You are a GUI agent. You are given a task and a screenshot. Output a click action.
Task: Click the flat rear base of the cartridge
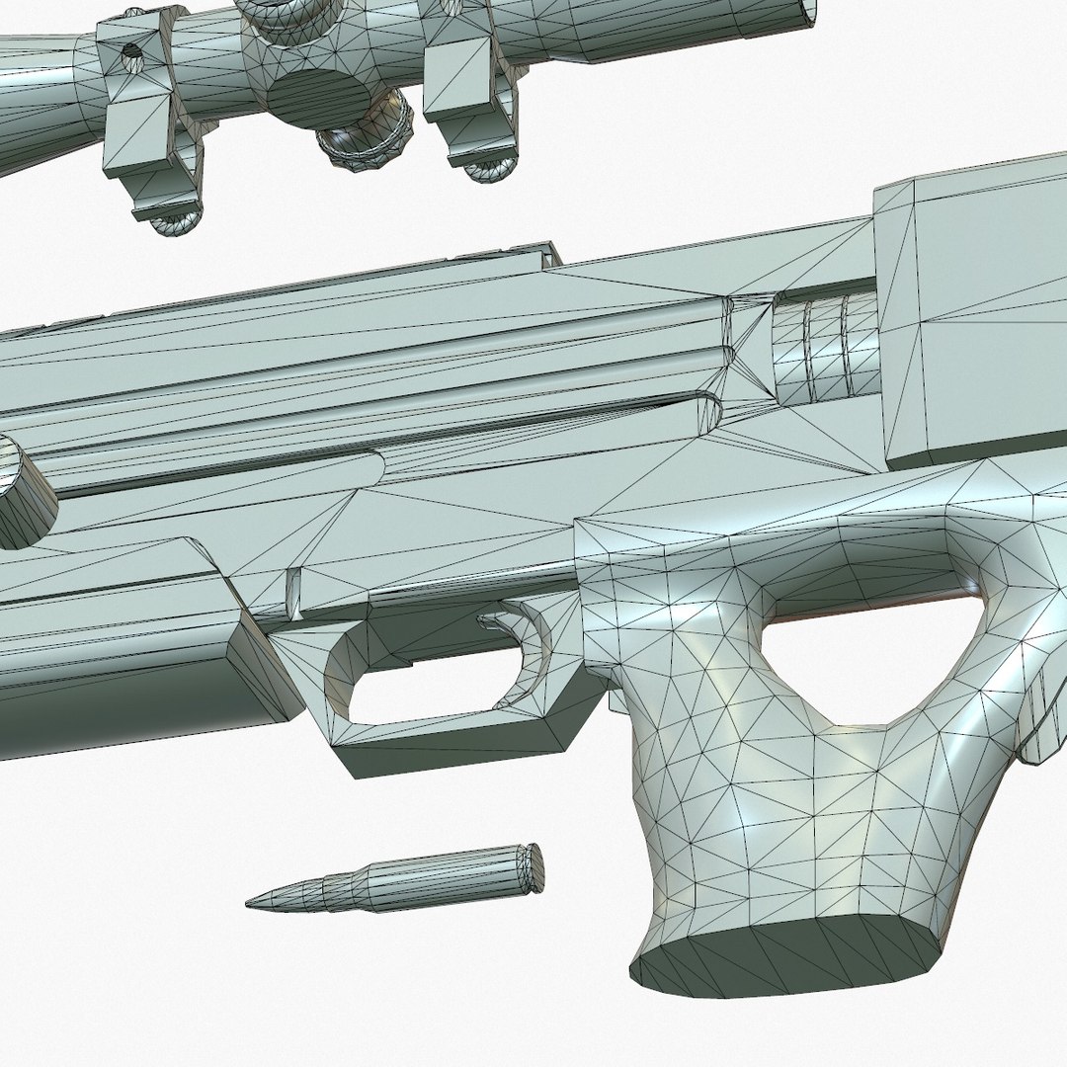click(x=533, y=866)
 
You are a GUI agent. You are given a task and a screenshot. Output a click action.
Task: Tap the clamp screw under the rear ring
click(x=490, y=168)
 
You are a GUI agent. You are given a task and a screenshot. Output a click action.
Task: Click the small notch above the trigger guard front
click(x=292, y=593)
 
